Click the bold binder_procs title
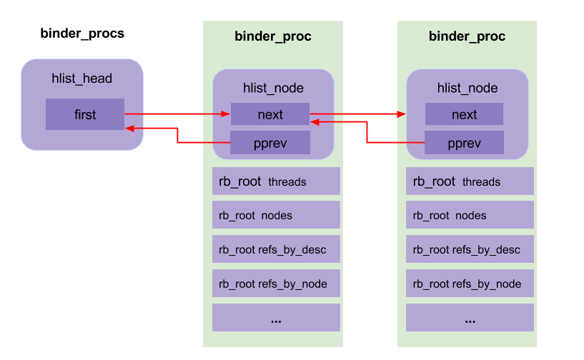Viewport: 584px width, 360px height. coord(82,34)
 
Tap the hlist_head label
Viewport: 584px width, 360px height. coord(82,79)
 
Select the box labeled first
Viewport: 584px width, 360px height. coord(84,114)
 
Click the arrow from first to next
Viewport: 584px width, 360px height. coord(177,114)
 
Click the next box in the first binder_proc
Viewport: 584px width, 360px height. coord(269,114)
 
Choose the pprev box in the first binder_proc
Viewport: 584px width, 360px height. coord(269,143)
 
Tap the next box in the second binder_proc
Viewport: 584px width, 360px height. coord(464,114)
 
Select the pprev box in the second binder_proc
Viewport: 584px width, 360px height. coord(464,143)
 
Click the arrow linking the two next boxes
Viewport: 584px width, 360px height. coord(357,114)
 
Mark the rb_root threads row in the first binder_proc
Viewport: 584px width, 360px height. coord(275,181)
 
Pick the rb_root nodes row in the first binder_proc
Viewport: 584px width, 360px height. coord(275,216)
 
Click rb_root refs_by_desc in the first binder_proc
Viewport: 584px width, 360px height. coord(275,250)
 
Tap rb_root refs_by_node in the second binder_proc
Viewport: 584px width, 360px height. coord(469,284)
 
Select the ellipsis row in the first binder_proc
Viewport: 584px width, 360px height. coord(275,318)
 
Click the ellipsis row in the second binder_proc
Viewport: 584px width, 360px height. coord(469,318)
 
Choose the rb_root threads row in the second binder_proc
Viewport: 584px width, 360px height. coord(469,181)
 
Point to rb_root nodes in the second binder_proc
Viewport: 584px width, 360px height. coord(469,216)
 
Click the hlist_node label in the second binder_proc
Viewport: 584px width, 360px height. coord(467,89)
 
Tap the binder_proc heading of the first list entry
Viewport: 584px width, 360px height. coord(273,36)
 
